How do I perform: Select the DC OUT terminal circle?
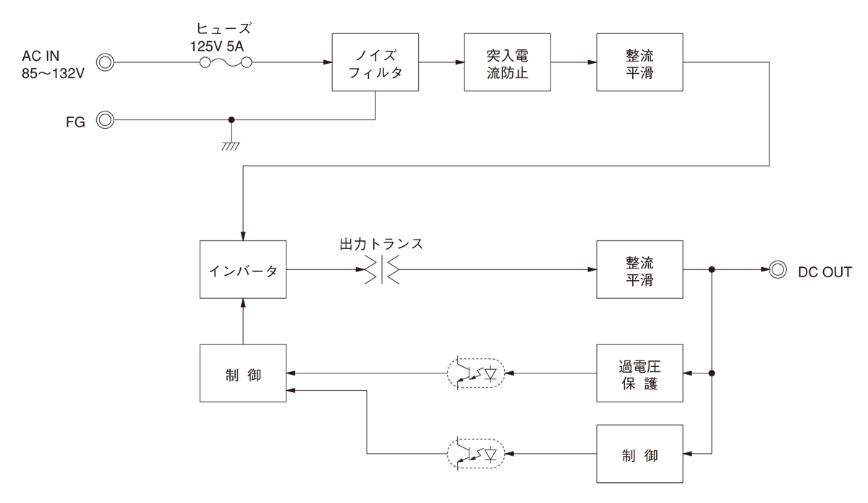[x=778, y=271]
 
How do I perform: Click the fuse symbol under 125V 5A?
[x=226, y=63]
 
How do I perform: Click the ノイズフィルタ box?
[x=375, y=63]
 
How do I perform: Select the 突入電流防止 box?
[x=507, y=63]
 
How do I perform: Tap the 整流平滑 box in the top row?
[x=639, y=63]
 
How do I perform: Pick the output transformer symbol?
[x=381, y=271]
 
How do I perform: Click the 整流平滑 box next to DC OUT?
[x=639, y=271]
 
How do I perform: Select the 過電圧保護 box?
[x=639, y=373]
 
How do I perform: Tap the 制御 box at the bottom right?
[x=639, y=455]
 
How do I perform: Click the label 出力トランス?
[x=381, y=244]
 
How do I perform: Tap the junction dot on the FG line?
[x=231, y=120]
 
